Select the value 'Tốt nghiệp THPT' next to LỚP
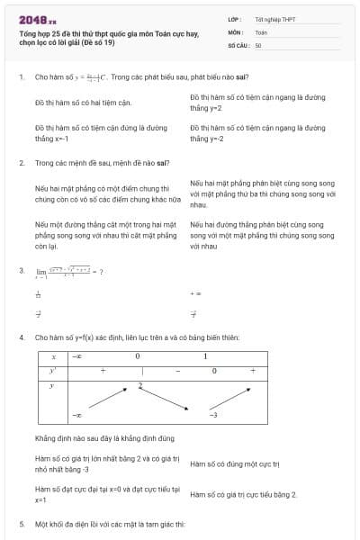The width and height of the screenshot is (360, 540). [x=274, y=19]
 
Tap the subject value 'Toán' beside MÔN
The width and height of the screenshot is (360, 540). [x=261, y=31]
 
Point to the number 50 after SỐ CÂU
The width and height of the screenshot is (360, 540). [x=258, y=44]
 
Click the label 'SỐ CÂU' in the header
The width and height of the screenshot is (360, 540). [x=238, y=44]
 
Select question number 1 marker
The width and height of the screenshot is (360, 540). [x=21, y=77]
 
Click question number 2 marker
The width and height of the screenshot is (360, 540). [x=21, y=164]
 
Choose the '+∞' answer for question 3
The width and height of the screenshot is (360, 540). [x=195, y=293]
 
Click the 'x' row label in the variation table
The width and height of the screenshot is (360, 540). [x=53, y=356]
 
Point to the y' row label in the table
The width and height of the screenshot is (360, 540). [x=53, y=371]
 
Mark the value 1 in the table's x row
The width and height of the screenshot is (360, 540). [x=205, y=356]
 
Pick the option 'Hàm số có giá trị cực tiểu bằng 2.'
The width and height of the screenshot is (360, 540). [x=243, y=495]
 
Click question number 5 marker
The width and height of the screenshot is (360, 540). [x=21, y=524]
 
